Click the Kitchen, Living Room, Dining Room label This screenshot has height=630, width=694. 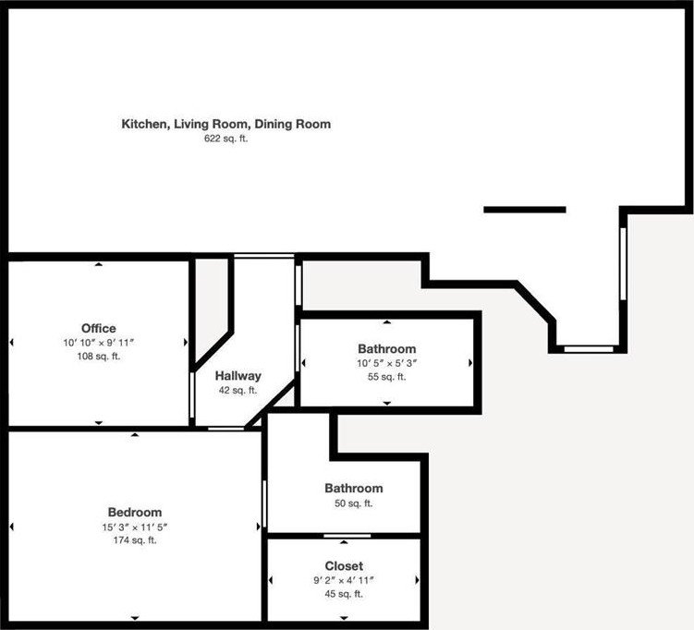(x=226, y=124)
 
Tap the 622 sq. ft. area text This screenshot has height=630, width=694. (x=226, y=139)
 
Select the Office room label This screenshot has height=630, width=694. (x=99, y=328)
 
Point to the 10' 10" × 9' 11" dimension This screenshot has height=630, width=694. (x=99, y=343)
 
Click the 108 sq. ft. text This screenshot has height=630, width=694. (x=99, y=356)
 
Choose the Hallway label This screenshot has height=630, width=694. (x=238, y=376)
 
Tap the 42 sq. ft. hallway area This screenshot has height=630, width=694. (x=238, y=391)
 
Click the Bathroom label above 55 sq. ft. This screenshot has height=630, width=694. (x=386, y=348)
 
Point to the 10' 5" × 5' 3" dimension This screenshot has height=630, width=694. (x=386, y=363)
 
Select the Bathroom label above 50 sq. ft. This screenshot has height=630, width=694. (x=353, y=488)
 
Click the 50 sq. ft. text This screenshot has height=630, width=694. (x=353, y=503)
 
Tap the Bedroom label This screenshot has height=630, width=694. (x=135, y=512)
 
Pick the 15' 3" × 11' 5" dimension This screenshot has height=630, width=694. (x=135, y=527)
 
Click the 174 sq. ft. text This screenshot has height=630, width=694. (x=135, y=540)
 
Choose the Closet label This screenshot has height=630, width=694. (x=344, y=565)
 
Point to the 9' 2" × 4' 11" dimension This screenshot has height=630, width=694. (x=344, y=580)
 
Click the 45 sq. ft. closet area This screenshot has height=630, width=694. (x=344, y=594)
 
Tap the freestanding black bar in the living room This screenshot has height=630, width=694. (x=525, y=210)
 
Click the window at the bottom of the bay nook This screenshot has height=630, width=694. (x=589, y=349)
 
